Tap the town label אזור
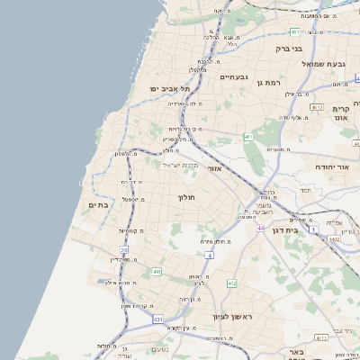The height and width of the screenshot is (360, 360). [214, 168]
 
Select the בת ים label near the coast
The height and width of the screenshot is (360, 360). [98, 205]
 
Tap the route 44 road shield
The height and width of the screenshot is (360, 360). [259, 229]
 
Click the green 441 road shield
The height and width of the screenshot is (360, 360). [157, 271]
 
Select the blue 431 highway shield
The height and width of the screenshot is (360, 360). [158, 319]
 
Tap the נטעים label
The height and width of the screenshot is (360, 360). [161, 350]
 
